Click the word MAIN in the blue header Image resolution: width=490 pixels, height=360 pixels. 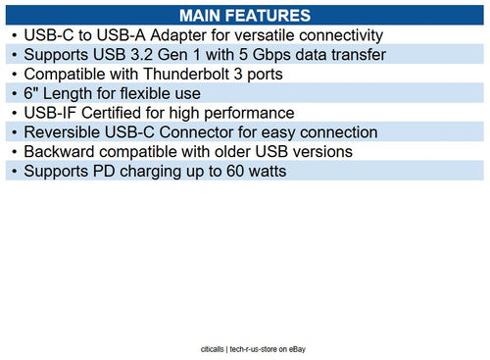click(x=202, y=16)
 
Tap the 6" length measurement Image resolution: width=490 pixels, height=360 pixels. click(x=30, y=93)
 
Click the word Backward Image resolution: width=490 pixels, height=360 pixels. click(x=62, y=152)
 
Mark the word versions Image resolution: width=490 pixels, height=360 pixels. click(x=319, y=152)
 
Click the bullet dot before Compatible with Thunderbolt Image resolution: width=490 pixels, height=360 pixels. click(x=13, y=74)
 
